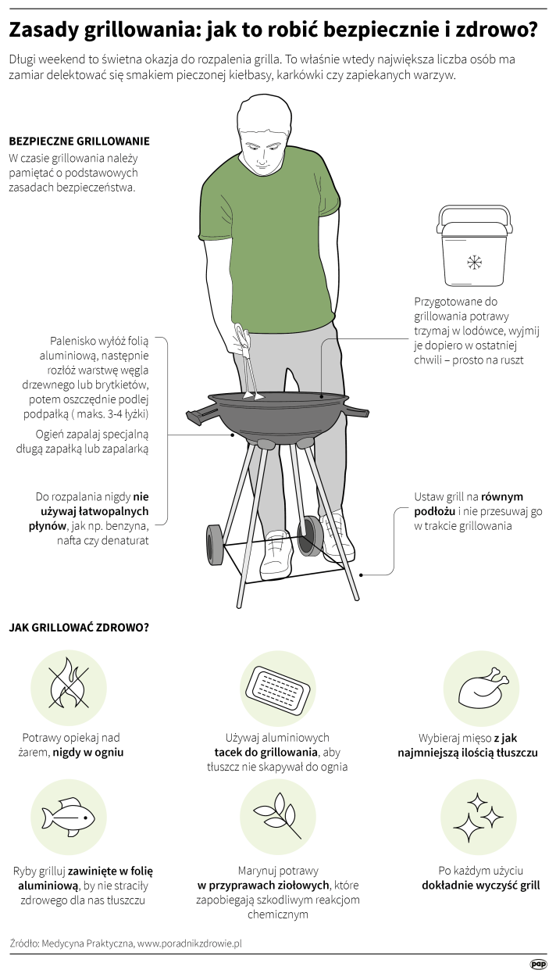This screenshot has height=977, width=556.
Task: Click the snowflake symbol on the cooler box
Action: (474, 262)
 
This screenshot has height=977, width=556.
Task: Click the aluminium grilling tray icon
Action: (278, 689)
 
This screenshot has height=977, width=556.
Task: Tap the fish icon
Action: (69, 817)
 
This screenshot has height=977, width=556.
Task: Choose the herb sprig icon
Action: (278, 814)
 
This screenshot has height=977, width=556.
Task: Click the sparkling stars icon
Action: (478, 818)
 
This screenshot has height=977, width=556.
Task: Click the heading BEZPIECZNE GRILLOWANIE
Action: (80, 141)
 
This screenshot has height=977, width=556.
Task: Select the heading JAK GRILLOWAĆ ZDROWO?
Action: (79, 628)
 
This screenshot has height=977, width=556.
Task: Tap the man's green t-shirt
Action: (269, 244)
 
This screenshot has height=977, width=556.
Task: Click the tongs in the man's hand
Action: (247, 360)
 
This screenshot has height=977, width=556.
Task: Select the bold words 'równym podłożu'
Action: (469, 504)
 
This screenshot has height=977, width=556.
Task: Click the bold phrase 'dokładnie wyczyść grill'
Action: (480, 885)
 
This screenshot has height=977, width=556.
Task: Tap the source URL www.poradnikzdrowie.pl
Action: (190, 943)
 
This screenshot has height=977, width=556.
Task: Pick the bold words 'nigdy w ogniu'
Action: (88, 752)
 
